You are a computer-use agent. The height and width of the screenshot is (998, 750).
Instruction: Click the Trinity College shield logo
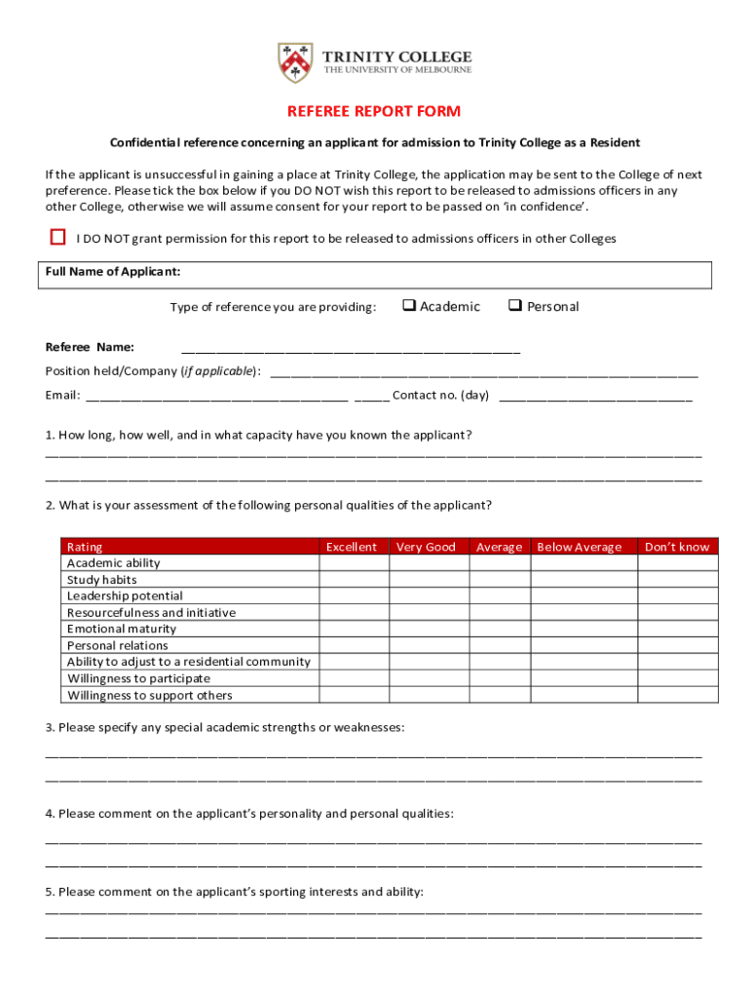[x=295, y=61]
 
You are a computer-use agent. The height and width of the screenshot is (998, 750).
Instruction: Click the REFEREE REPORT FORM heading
[x=374, y=112]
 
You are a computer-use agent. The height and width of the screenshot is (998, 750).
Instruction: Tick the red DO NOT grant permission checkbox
[x=58, y=237]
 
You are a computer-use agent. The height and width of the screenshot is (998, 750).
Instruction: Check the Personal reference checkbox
[x=515, y=306]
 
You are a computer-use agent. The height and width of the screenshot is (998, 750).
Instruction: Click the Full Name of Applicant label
[x=113, y=271]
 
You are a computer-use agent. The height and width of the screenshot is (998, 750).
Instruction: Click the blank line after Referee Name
[x=351, y=348]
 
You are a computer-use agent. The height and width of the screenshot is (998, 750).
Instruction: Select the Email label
[x=61, y=396]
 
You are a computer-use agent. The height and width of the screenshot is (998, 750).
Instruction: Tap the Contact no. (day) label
[x=440, y=396]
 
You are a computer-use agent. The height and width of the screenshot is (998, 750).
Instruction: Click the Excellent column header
[x=352, y=547]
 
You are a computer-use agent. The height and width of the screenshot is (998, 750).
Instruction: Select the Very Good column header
[x=426, y=547]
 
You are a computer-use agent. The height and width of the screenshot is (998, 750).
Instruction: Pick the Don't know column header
[x=677, y=547]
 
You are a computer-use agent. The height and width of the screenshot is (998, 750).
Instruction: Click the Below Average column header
[x=579, y=547]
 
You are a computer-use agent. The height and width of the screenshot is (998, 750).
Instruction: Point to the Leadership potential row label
[x=125, y=595]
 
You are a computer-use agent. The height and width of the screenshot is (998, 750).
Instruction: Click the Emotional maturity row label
[x=122, y=629]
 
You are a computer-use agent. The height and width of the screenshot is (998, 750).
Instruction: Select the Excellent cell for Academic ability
[x=352, y=563]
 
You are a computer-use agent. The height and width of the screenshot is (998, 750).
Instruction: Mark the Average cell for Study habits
[x=499, y=580]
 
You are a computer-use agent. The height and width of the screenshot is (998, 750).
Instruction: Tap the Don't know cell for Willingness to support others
[x=677, y=695]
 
